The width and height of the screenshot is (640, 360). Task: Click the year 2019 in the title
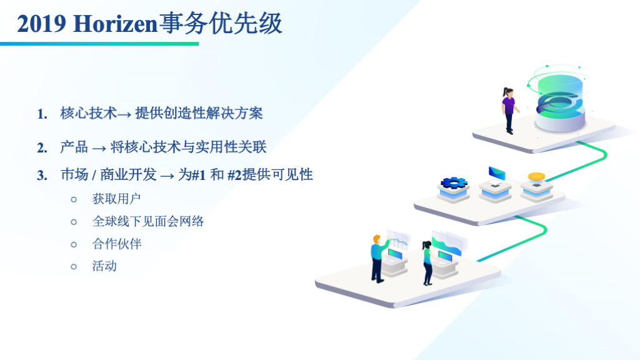[41, 24]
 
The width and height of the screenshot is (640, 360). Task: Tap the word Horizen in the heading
[116, 24]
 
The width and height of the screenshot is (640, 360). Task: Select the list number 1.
[42, 114]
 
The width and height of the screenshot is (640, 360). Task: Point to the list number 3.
[42, 176]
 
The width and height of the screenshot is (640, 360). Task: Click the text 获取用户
[116, 199]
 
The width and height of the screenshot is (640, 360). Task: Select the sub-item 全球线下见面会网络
[147, 221]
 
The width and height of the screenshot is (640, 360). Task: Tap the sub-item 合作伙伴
[117, 244]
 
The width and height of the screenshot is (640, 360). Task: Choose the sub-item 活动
[104, 266]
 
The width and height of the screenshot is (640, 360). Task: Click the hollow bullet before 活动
[74, 267]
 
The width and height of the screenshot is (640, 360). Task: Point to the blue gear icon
[454, 182]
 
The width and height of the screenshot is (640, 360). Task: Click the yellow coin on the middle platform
[536, 177]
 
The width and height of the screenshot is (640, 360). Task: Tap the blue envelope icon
[497, 173]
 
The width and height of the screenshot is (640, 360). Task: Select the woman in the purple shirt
[509, 111]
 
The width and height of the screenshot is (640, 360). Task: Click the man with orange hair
[379, 258]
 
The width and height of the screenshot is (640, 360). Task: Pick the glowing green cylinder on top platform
[560, 102]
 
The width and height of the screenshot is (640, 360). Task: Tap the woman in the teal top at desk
[427, 263]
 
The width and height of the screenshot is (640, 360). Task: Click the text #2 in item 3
[234, 175]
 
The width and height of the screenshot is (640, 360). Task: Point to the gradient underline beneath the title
[99, 44]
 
